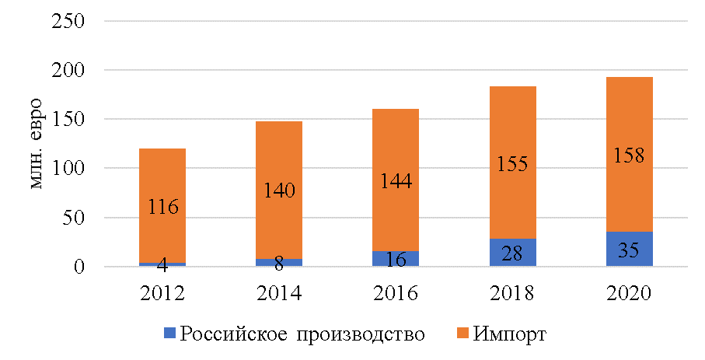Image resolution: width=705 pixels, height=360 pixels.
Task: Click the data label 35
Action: [630, 252]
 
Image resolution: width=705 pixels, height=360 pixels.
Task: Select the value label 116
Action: [163, 208]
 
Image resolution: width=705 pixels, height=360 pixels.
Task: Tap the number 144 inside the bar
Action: [396, 181]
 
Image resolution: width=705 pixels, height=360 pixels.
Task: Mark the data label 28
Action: [513, 253]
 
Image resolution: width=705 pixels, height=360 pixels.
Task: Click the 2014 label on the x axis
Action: [280, 294]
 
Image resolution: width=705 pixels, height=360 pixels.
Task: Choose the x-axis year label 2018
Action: [513, 294]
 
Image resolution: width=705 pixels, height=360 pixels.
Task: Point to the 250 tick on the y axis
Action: [68, 21]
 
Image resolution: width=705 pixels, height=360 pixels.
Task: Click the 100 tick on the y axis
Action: [68, 169]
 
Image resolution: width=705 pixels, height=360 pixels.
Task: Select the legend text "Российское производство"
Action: [302, 334]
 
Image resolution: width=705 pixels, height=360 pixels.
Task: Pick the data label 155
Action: [513, 165]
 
